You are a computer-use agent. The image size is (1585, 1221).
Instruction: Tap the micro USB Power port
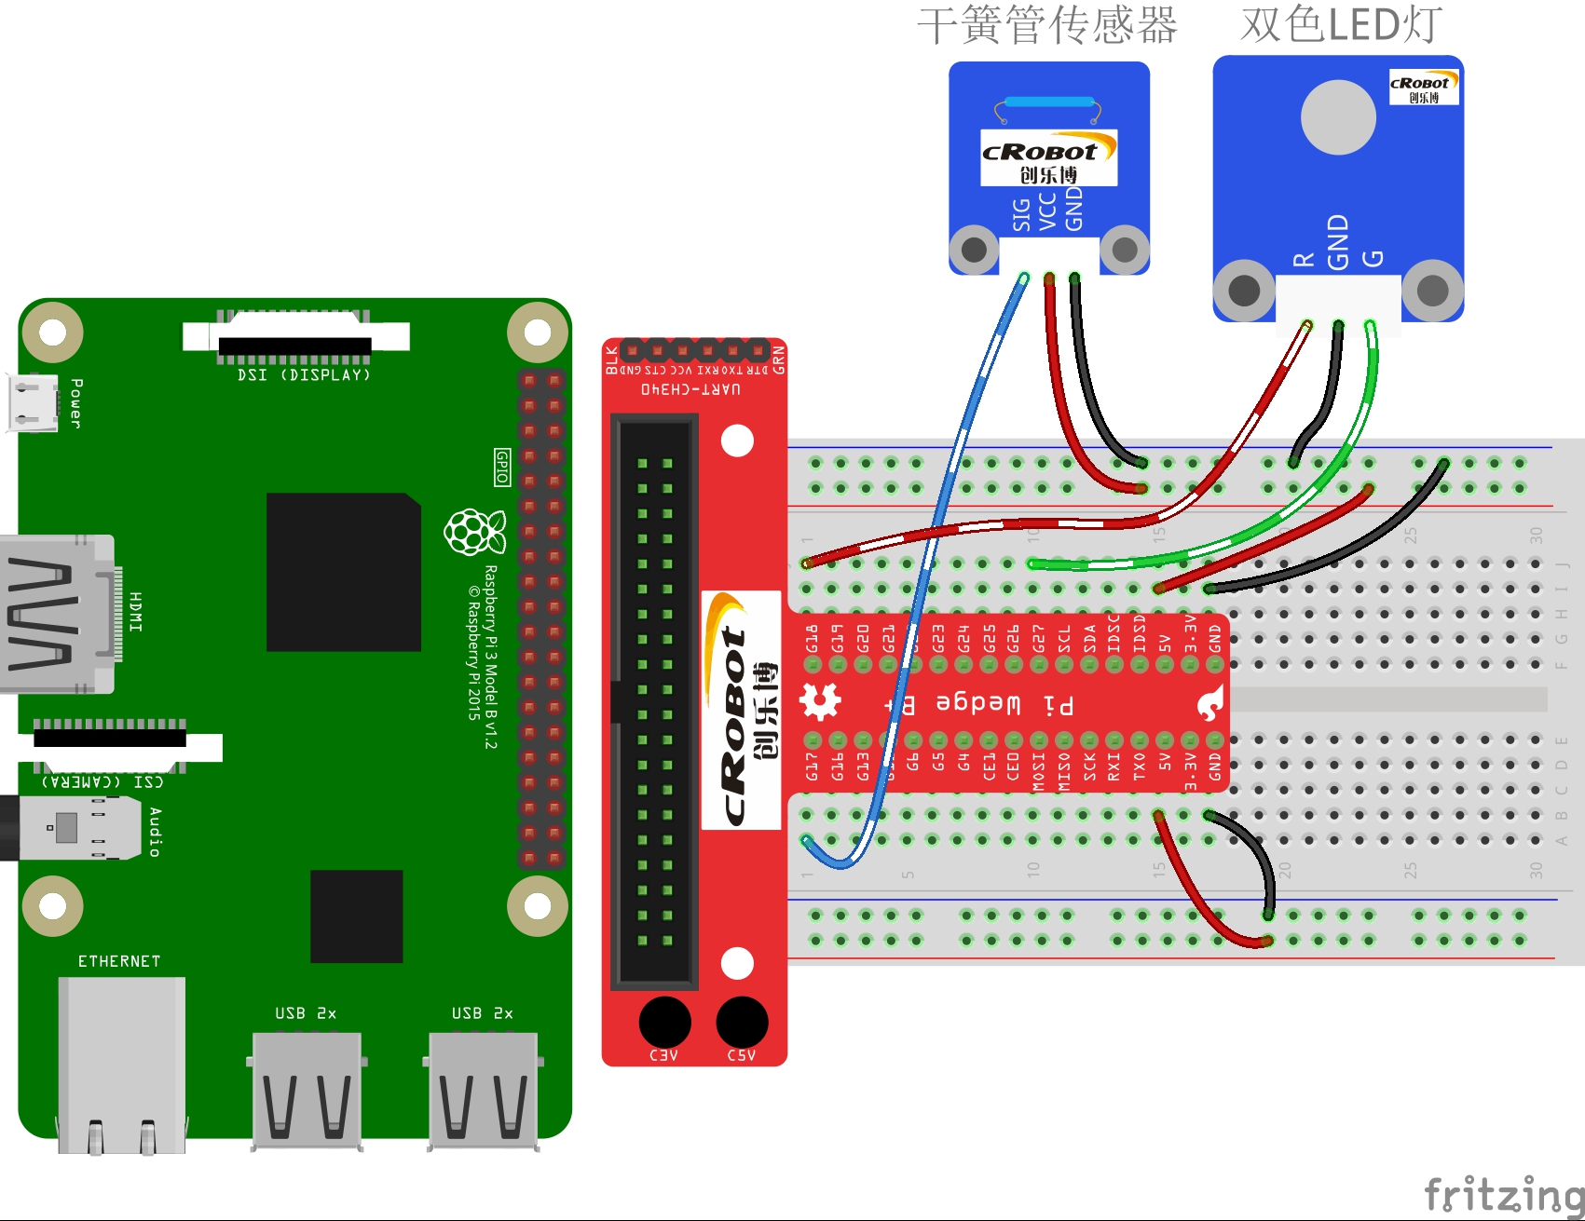click(31, 403)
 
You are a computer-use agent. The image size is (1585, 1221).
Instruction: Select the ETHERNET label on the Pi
click(119, 961)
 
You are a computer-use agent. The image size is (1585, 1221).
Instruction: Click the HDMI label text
click(136, 612)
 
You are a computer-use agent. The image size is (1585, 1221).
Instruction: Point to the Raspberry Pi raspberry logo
click(474, 532)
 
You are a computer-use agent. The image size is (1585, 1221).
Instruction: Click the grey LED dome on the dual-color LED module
click(1337, 117)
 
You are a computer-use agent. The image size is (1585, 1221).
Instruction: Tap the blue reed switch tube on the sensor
click(1048, 102)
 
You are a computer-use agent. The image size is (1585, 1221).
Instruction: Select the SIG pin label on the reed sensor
click(1022, 214)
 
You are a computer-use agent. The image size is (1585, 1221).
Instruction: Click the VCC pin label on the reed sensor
click(1048, 211)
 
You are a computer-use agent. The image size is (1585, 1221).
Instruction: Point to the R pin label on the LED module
click(1304, 259)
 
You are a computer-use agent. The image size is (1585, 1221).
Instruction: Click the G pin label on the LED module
click(1373, 258)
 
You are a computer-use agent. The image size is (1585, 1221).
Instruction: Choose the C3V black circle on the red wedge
click(664, 1022)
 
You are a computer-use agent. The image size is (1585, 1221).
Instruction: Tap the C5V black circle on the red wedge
click(742, 1022)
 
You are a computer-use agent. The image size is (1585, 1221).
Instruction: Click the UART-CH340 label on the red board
click(690, 388)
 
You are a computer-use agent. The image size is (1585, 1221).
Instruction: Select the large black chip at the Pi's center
click(343, 572)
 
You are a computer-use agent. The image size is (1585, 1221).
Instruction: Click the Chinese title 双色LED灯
click(1341, 25)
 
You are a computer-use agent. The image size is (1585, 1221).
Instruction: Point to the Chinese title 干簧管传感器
click(1046, 25)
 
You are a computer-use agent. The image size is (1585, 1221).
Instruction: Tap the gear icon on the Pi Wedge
click(820, 701)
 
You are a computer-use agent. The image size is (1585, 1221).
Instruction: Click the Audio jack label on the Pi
click(155, 832)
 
